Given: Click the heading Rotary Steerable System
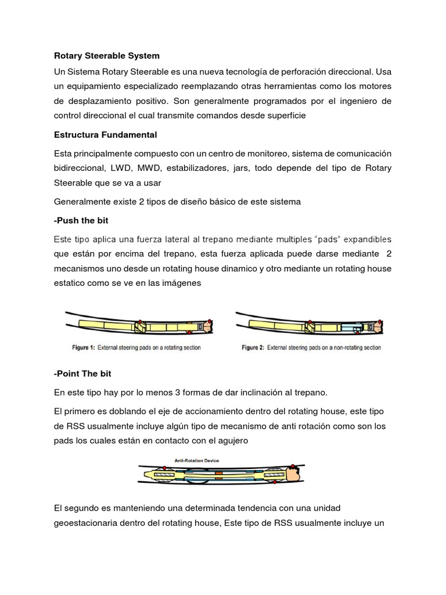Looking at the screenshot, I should pyautogui.click(x=106, y=56).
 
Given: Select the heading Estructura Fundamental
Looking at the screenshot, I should pyautogui.click(x=105, y=135).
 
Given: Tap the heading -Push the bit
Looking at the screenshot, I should pyautogui.click(x=81, y=221).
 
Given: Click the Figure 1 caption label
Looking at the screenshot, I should pyautogui.click(x=135, y=348).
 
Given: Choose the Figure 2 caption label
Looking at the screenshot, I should pyautogui.click(x=312, y=348).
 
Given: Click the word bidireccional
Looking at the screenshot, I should pyautogui.click(x=78, y=169).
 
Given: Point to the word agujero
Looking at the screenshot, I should pyautogui.click(x=231, y=441).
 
